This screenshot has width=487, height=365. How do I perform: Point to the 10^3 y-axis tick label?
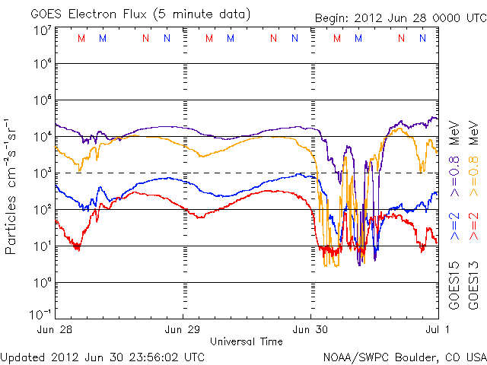[43, 173]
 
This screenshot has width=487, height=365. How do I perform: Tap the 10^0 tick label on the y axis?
[43, 282]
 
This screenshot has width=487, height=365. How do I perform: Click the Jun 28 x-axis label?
[54, 330]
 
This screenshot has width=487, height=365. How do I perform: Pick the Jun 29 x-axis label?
[183, 330]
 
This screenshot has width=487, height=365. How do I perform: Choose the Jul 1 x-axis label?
[431, 330]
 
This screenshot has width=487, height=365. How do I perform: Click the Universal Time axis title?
[247, 341]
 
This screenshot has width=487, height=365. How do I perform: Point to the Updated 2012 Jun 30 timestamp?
[103, 356]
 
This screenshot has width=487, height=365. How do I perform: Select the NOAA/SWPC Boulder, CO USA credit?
[403, 356]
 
